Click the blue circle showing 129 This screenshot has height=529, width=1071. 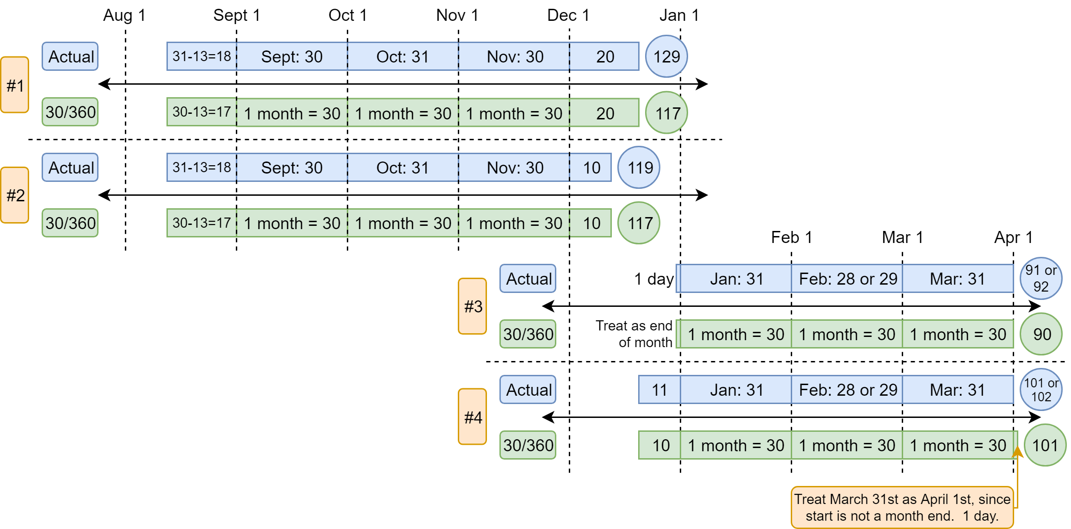666,56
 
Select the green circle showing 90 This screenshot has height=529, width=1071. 1041,334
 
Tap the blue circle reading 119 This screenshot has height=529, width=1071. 639,168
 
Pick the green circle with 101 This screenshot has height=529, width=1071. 1045,445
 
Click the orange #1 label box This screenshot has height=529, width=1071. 15,85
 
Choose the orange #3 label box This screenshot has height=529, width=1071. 472,306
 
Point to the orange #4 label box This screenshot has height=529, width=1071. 472,417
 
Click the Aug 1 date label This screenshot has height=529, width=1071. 124,15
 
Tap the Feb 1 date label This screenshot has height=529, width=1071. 791,237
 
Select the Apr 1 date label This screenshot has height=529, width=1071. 1013,237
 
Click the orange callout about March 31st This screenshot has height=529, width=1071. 902,507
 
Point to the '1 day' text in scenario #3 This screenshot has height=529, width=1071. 654,279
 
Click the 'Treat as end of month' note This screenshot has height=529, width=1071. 634,334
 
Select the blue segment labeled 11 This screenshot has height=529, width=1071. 659,390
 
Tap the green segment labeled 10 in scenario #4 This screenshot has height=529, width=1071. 659,445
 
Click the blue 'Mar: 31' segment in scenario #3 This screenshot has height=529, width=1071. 958,279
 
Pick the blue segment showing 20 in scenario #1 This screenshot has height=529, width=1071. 604,56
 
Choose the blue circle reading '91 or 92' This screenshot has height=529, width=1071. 1041,279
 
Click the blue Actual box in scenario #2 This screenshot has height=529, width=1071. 70,168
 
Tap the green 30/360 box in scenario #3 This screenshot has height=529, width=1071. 528,334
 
